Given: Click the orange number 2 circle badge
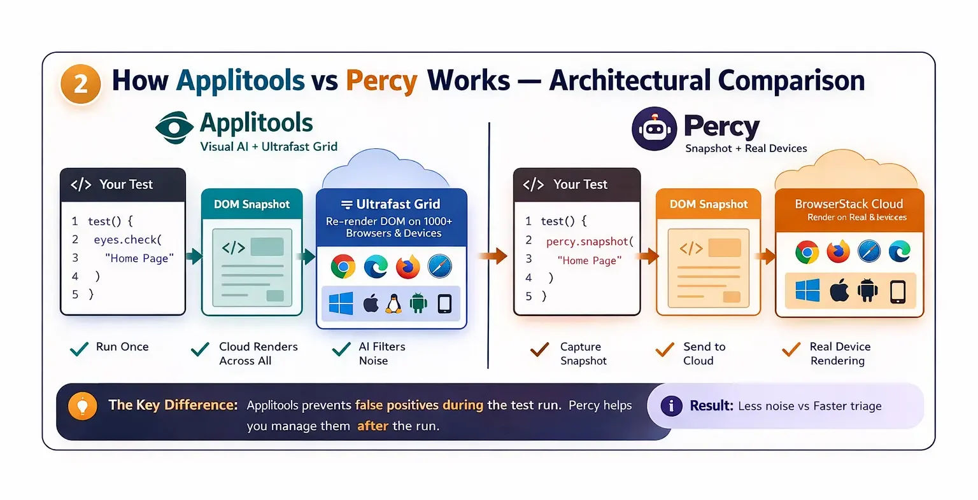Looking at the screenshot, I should coord(81,83).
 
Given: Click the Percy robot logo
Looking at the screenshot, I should coord(654,128).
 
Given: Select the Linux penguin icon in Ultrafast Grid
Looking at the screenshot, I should coord(393,304).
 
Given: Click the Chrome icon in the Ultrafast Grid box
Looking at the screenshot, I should coord(343,267).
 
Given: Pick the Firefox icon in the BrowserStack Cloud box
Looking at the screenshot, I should coord(839,252).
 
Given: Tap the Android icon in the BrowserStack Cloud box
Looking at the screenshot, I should coord(867,291).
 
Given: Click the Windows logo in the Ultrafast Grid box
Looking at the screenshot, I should coord(341,304).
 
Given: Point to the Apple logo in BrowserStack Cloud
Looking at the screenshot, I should coord(839,291).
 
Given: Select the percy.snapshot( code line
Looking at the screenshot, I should coord(589,242).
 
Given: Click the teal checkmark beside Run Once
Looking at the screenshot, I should coord(79,348).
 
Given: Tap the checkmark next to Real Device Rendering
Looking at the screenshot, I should coord(791,349).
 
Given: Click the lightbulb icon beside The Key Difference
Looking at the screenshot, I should coord(82,406).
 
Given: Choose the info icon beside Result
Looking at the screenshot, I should coord(671,406).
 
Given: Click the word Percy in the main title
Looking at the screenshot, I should coord(381,81).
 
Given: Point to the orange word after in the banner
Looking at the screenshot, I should coord(372,426).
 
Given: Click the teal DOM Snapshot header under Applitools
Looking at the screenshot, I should coord(252,204).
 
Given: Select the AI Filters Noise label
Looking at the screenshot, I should coord(381,354).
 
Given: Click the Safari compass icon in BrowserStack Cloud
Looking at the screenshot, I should coord(869,252).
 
